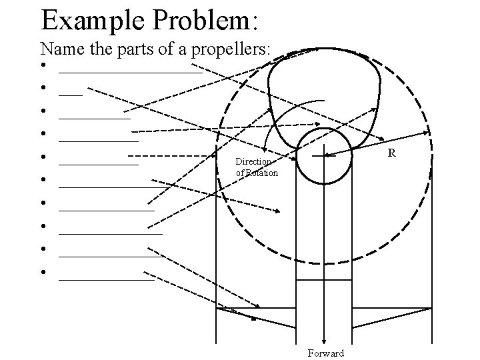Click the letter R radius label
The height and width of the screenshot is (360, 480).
(x=392, y=153)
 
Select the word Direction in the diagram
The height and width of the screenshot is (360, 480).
(x=253, y=162)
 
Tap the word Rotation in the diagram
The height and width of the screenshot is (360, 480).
(x=262, y=173)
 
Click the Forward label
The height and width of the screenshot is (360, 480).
(x=326, y=353)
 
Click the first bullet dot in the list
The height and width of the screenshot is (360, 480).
(x=42, y=65)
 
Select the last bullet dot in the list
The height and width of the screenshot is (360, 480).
(x=42, y=272)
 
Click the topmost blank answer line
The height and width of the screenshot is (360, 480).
(x=130, y=72)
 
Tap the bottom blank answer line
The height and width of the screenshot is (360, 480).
(x=106, y=279)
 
